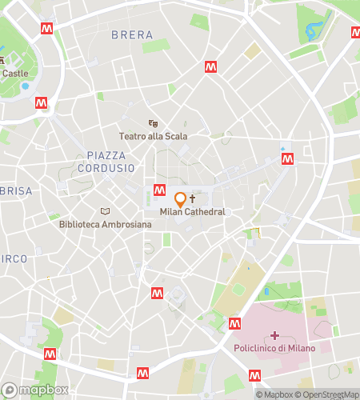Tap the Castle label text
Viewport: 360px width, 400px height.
(14, 73)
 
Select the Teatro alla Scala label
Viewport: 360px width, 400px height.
(153, 136)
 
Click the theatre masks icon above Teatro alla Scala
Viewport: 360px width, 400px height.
(153, 123)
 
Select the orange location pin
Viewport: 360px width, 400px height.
(181, 199)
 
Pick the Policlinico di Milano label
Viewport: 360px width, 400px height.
(275, 348)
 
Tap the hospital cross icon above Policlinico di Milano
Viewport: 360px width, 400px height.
(275, 335)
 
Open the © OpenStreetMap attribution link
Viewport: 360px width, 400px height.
(328, 394)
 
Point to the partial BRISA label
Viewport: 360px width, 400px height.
(15, 191)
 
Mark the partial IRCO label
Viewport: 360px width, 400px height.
(14, 258)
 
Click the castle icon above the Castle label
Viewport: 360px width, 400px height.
(2, 60)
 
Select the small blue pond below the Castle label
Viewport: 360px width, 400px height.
(25, 86)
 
